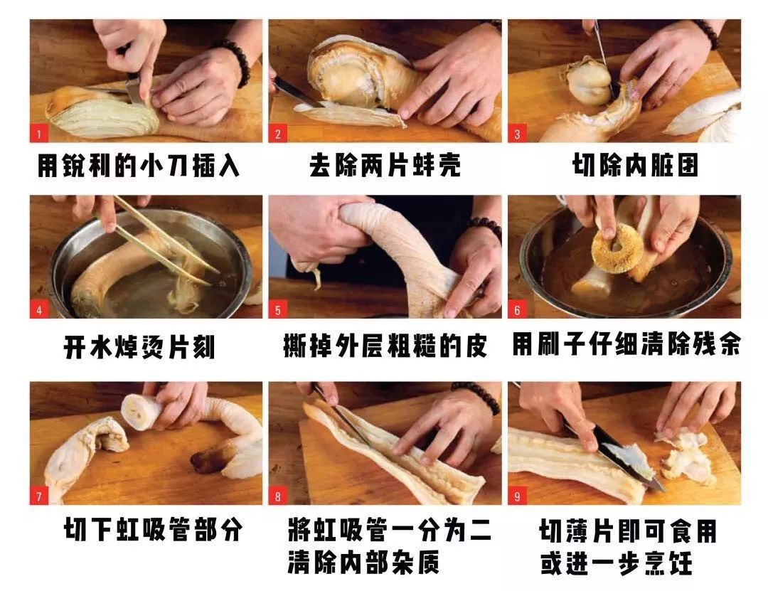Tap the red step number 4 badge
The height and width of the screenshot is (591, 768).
pyautogui.click(x=38, y=310)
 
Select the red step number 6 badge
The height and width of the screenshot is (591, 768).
pyautogui.click(x=517, y=310)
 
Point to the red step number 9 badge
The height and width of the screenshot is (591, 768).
pyautogui.click(x=517, y=496)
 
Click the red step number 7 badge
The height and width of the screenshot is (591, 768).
pyautogui.click(x=38, y=496)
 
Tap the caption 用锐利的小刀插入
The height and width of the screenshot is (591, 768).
pyautogui.click(x=139, y=166)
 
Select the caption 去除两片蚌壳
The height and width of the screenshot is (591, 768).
pyautogui.click(x=385, y=166)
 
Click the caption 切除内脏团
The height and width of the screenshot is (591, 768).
pyautogui.click(x=635, y=166)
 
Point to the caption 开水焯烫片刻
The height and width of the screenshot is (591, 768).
pyautogui.click(x=139, y=348)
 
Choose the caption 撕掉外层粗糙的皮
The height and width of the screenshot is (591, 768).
pyautogui.click(x=385, y=346)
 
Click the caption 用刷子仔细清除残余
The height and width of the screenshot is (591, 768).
pyautogui.click(x=626, y=346)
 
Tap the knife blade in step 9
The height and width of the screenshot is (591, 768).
pyautogui.click(x=629, y=459)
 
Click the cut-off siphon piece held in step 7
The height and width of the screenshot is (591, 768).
pyautogui.click(x=139, y=411)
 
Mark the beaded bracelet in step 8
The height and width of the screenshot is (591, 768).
pyautogui.click(x=478, y=395)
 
